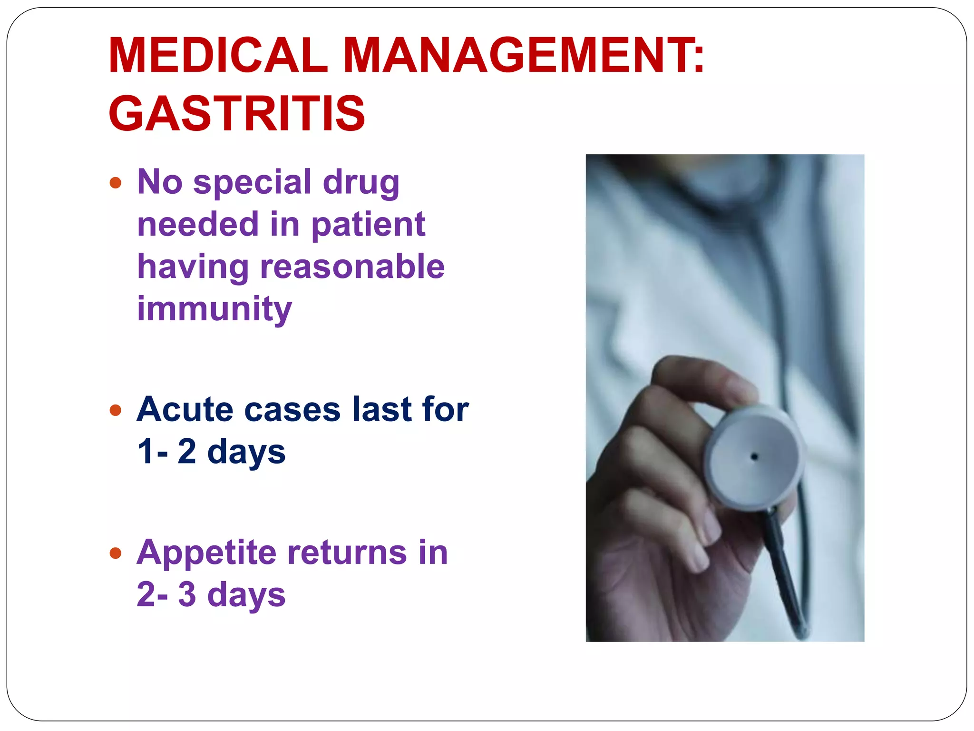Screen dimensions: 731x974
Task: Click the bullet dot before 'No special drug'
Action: [x=116, y=183]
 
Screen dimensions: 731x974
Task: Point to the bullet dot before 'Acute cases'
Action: [x=116, y=410]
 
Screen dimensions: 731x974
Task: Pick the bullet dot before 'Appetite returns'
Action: [x=116, y=553]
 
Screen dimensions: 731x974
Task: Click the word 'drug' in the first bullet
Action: [x=361, y=183]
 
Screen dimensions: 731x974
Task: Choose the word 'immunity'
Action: [x=214, y=309]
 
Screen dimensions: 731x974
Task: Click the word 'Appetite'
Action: [x=206, y=553]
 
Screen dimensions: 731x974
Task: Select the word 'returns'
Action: [x=347, y=553]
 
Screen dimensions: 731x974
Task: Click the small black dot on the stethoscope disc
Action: [x=754, y=457]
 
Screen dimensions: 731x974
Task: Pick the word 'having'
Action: [x=193, y=267]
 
